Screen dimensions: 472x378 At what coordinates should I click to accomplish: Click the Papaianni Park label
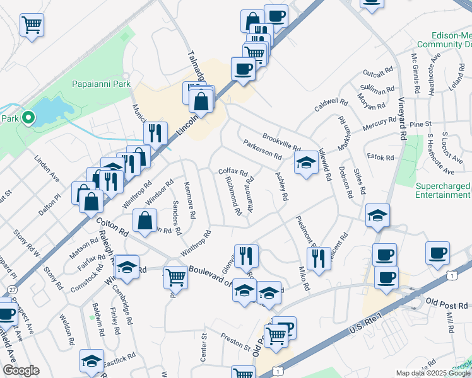pyautogui.click(x=101, y=83)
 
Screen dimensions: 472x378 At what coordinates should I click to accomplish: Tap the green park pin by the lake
pyautogui.click(x=28, y=118)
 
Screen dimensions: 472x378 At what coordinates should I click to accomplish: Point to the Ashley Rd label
pyautogui.click(x=281, y=187)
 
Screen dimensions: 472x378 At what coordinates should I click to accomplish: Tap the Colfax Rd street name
pyautogui.click(x=233, y=171)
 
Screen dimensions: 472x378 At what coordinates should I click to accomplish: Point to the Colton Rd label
pyautogui.click(x=113, y=227)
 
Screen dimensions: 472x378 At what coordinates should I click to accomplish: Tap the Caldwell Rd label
pyautogui.click(x=331, y=105)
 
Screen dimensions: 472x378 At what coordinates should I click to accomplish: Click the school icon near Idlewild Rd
pyautogui.click(x=306, y=163)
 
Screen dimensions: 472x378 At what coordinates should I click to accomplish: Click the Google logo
pyautogui.click(x=21, y=371)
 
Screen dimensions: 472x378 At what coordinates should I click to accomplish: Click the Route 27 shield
pyautogui.click(x=12, y=289)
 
